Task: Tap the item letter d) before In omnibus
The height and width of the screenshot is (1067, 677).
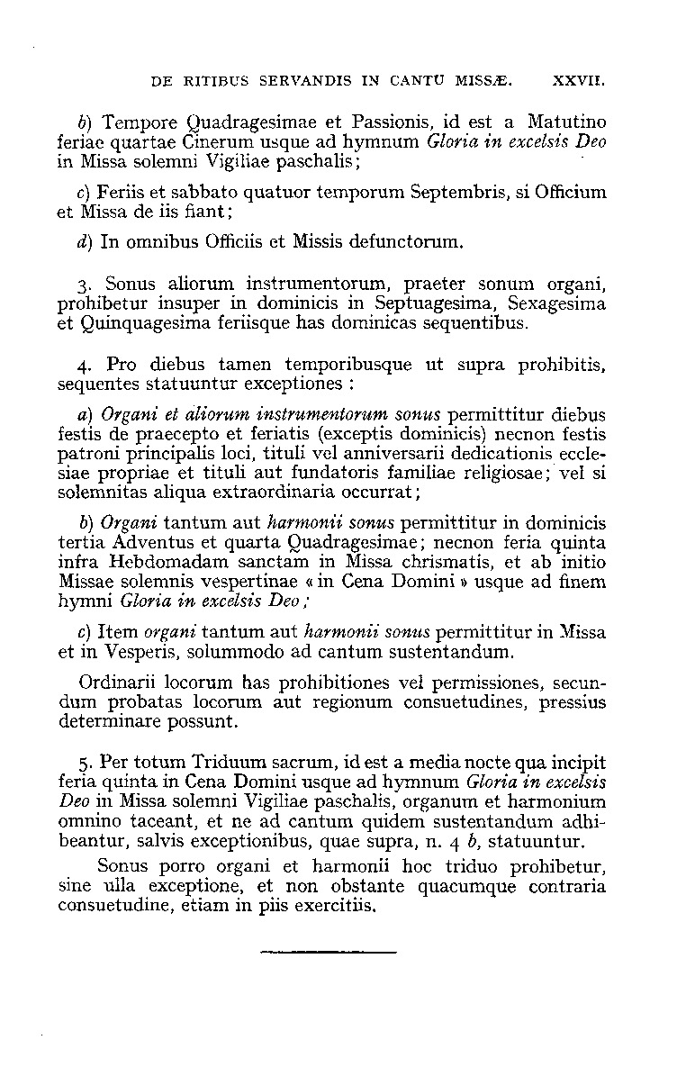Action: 85,242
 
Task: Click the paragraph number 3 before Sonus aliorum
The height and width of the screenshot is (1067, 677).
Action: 83,286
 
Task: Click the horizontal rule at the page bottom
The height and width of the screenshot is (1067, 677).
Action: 328,951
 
